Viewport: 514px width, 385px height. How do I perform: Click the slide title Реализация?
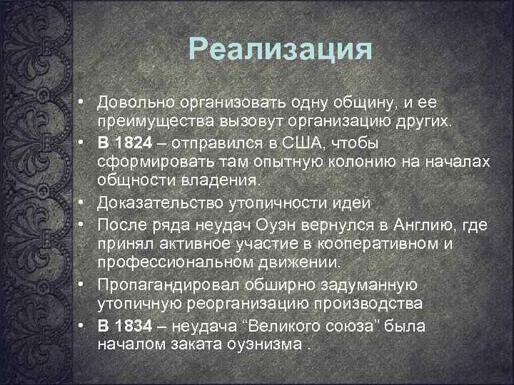click(281, 51)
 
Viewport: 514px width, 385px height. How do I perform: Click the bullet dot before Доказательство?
click(84, 203)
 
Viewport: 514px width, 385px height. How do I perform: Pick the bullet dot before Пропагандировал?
click(84, 285)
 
